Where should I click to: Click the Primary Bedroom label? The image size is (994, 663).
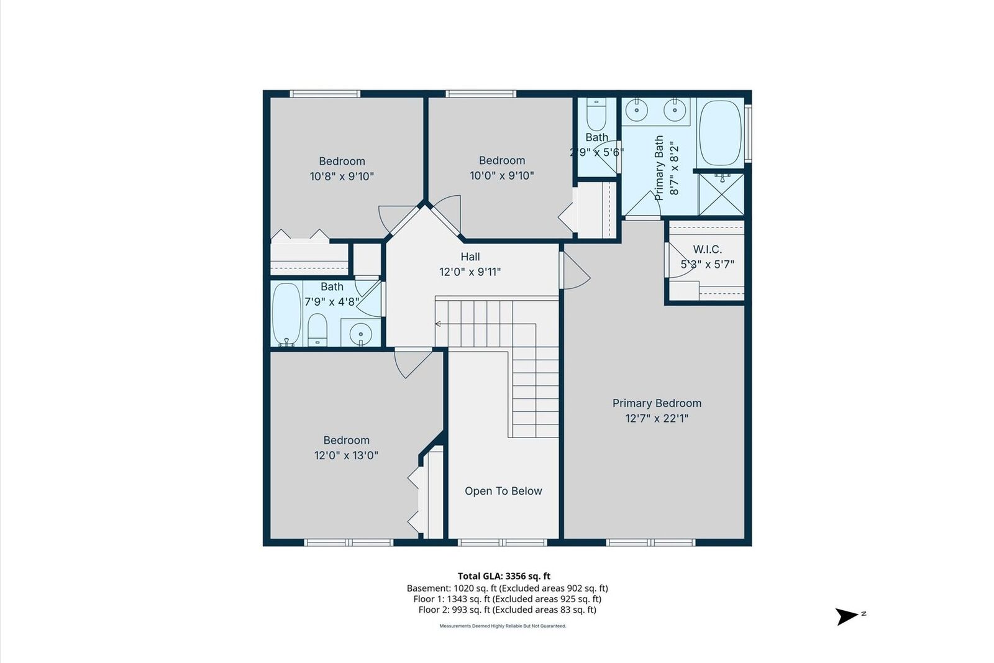[657, 403]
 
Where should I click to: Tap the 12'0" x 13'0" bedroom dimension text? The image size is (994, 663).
[346, 455]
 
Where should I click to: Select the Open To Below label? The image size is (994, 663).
[503, 491]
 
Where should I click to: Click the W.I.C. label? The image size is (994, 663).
[707, 249]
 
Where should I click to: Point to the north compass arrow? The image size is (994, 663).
[846, 616]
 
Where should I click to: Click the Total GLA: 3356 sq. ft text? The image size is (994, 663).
[504, 576]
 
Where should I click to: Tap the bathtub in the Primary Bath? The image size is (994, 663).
[720, 132]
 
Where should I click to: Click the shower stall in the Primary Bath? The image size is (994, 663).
[721, 194]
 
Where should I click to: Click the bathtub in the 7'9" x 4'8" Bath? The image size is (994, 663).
[286, 314]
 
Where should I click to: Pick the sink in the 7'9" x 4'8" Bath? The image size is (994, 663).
[361, 334]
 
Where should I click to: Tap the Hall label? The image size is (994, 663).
[470, 257]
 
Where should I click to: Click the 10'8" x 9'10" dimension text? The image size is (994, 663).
[342, 176]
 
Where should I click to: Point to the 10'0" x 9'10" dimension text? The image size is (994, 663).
[501, 176]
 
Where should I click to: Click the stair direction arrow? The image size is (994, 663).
[439, 324]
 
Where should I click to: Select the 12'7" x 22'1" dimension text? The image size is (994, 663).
[657, 418]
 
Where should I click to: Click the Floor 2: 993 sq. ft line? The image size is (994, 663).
[507, 610]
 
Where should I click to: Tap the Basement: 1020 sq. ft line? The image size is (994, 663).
[507, 588]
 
